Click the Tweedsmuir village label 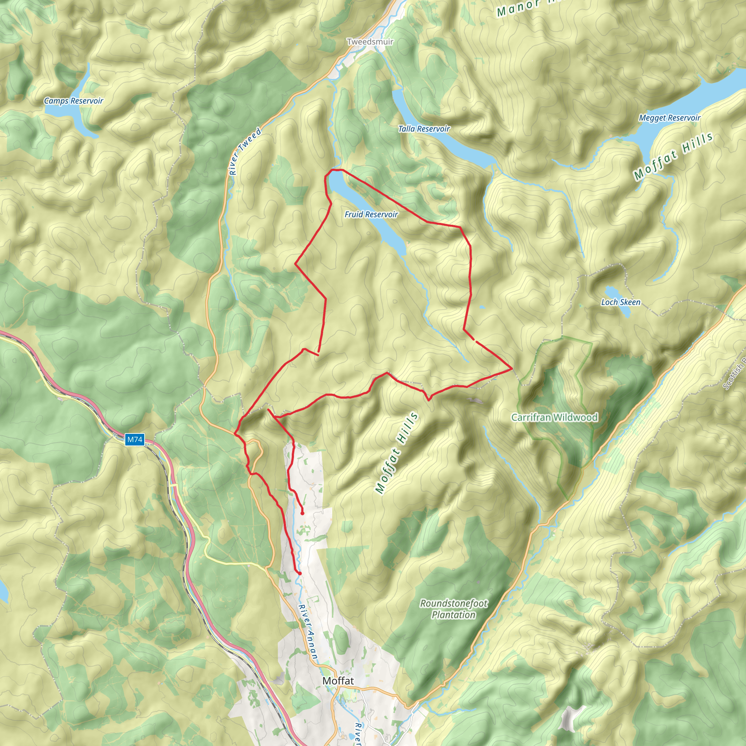click(370, 41)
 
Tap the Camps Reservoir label click(73, 101)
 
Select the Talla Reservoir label click(424, 129)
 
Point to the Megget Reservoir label click(669, 118)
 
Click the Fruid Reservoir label click(371, 214)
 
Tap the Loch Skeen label click(620, 302)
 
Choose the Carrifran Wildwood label click(554, 417)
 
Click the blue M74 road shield click(135, 439)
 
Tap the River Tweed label click(245, 152)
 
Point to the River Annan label click(308, 632)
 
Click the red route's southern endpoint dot click(299, 573)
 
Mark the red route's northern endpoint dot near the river click(302, 514)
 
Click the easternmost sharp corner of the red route click(513, 369)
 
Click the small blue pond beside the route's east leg click(482, 307)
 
